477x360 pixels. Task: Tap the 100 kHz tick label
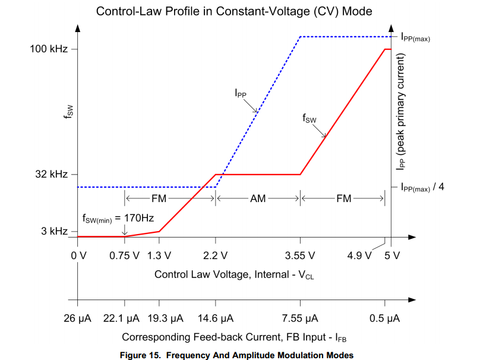[49, 49]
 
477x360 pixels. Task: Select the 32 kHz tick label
[52, 175]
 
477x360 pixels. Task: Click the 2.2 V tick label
[215, 256]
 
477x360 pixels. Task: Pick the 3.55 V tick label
[300, 256]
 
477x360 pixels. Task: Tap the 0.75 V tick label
[125, 256]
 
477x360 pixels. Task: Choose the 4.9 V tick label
[359, 256]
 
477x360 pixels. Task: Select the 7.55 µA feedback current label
[300, 319]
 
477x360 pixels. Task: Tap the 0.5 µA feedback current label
[385, 319]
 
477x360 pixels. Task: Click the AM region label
[258, 199]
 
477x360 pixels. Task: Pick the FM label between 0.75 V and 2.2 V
[159, 199]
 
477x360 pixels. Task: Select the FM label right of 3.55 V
[343, 199]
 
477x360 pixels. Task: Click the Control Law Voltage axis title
[233, 274]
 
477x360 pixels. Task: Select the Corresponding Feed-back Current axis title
[234, 337]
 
